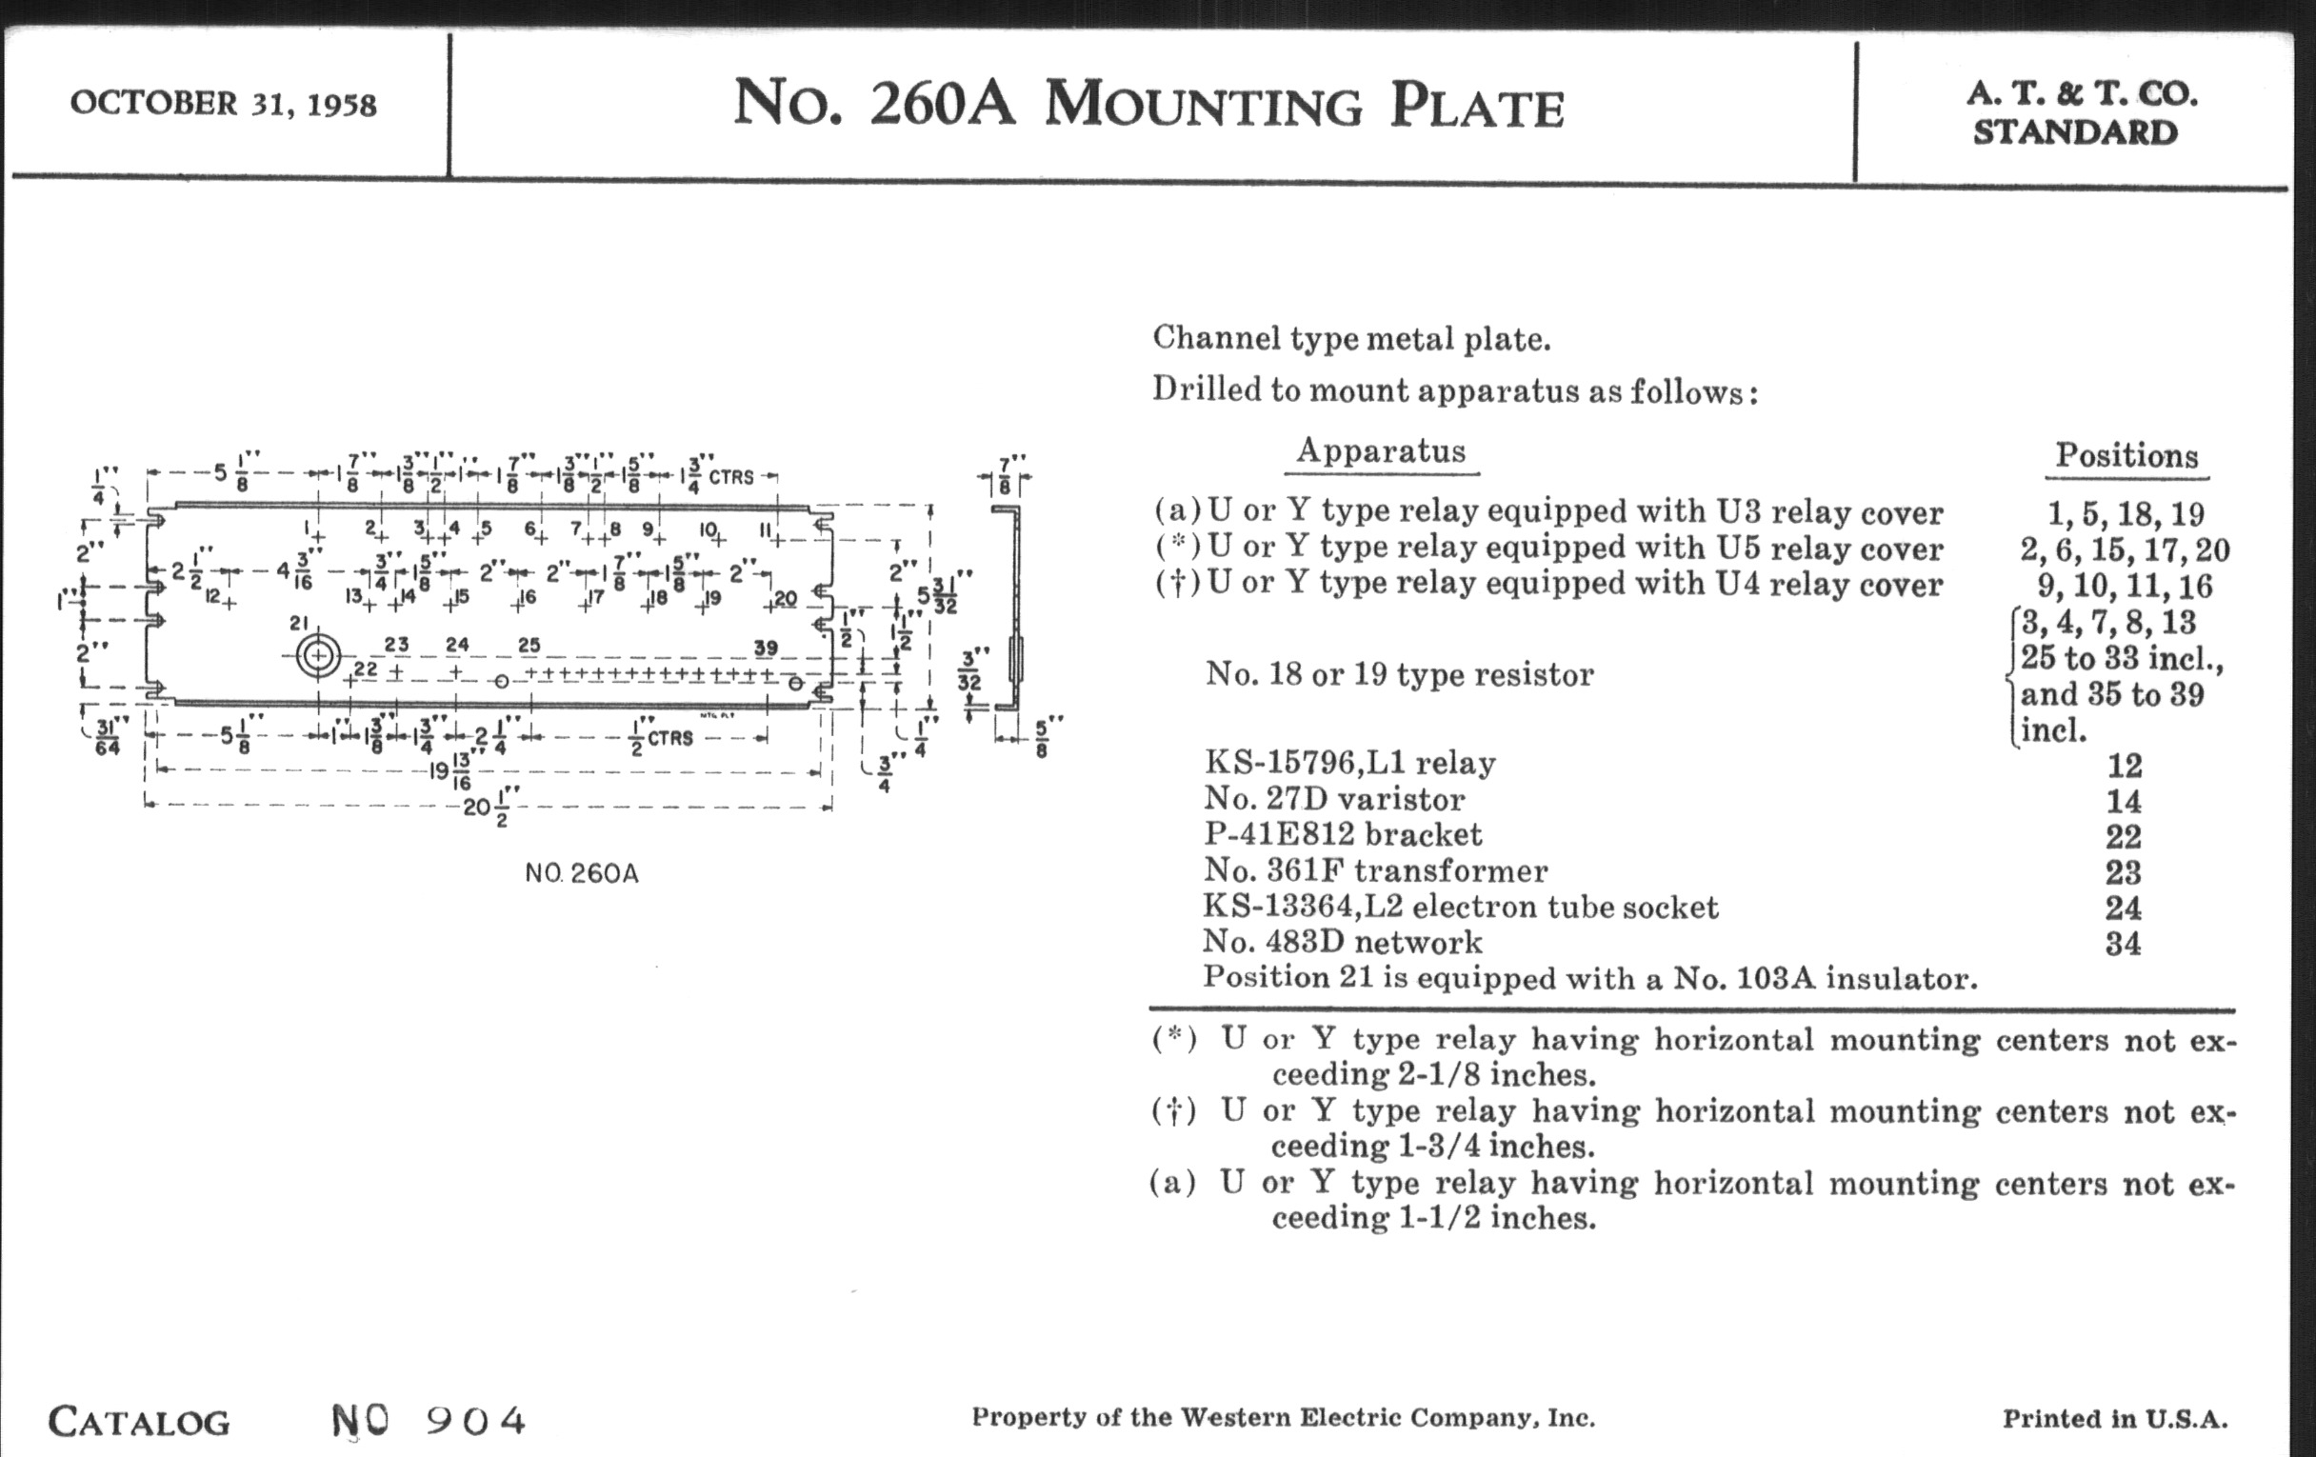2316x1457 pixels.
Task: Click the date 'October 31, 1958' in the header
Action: pos(223,103)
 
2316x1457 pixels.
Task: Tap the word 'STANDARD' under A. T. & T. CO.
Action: pos(2076,132)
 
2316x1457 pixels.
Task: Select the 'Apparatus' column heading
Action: pos(1381,450)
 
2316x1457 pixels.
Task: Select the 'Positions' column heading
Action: pos(2126,455)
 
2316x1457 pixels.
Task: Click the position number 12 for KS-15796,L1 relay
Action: pos(2125,766)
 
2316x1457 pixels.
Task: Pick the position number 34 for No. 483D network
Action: pos(2124,944)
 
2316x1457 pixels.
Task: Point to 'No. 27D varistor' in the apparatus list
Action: pos(1334,798)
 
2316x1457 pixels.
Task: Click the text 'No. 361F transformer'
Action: pos(1375,870)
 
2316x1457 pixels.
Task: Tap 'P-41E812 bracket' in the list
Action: pos(1344,834)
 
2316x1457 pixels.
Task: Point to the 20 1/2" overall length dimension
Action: pos(489,807)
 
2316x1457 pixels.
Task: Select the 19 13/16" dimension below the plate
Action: pos(454,770)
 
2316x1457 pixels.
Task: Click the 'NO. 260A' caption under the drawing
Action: pos(582,873)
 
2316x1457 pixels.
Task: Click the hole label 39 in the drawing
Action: pos(766,648)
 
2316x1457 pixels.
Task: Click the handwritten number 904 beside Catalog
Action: pos(475,1420)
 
